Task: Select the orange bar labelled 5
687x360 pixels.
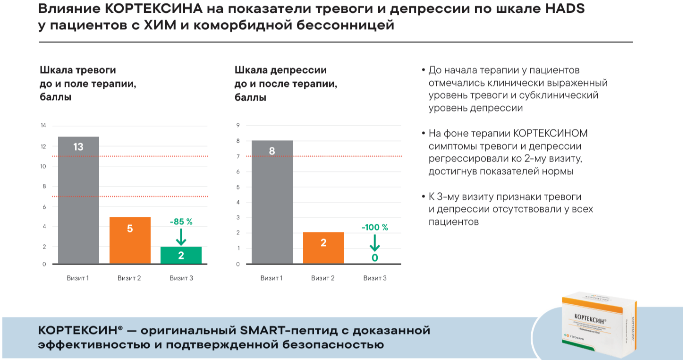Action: point(130,240)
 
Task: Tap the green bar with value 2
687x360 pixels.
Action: point(181,255)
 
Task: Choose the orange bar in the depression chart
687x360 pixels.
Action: point(323,248)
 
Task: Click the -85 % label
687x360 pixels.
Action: point(181,221)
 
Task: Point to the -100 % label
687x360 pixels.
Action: point(374,227)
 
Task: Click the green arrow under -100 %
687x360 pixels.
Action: point(374,243)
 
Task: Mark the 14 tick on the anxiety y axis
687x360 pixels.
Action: point(43,126)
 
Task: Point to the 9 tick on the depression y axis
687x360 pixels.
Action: point(238,126)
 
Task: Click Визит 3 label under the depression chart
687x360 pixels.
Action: point(375,278)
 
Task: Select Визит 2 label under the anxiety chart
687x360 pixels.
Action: point(129,278)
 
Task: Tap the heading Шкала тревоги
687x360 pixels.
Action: point(78,70)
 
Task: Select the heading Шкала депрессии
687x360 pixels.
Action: point(280,70)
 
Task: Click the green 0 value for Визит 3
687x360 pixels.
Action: point(375,258)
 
